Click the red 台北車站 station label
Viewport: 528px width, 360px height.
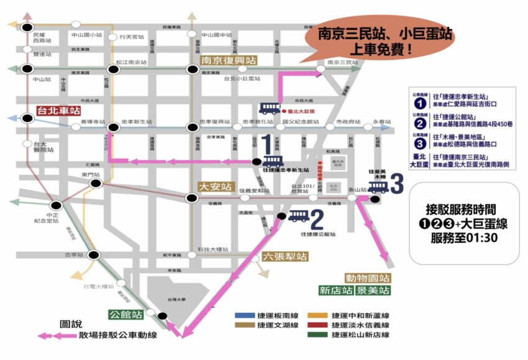[x=58, y=111]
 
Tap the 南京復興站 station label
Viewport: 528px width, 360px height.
[x=229, y=60]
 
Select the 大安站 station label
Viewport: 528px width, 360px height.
[x=216, y=186]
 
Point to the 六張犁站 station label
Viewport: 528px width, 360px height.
[x=284, y=256]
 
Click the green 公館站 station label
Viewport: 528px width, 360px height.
[x=125, y=314]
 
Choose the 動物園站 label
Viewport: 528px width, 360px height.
[x=368, y=278]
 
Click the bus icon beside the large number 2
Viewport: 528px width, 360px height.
[x=298, y=216]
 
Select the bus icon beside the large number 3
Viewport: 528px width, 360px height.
[x=378, y=186]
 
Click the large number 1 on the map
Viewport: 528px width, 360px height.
[x=267, y=144]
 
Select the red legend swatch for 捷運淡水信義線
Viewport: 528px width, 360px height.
[x=317, y=325]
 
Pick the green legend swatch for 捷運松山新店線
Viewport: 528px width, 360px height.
[x=317, y=335]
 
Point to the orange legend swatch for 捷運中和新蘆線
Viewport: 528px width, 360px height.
[x=317, y=315]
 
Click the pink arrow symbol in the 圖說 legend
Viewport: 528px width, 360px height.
[x=57, y=336]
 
